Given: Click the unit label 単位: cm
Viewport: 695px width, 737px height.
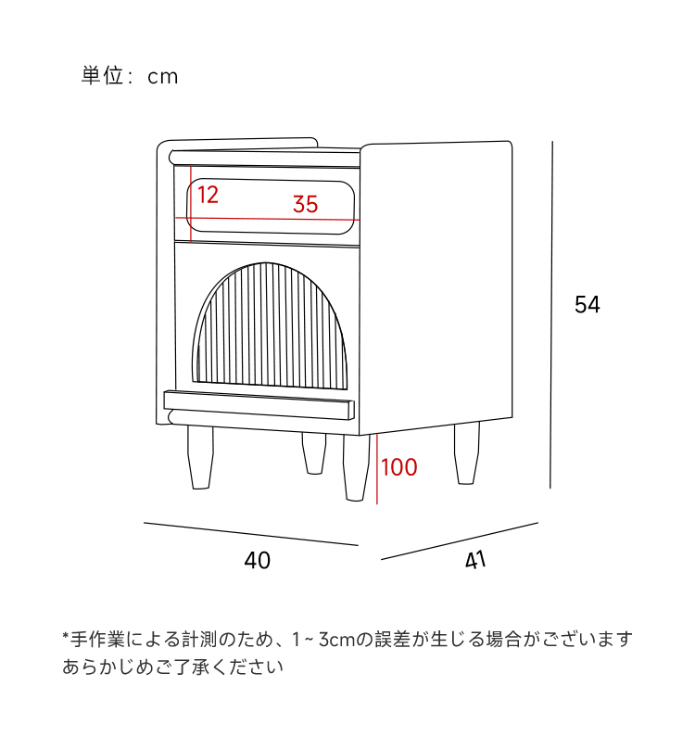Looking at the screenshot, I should [130, 76].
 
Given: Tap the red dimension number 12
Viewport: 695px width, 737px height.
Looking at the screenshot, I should [208, 195].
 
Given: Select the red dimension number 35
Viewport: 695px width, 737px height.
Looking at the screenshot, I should [305, 205].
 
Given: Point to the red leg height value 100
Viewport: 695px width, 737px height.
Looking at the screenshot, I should [399, 467].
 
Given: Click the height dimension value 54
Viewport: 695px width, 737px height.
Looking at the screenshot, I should [587, 305].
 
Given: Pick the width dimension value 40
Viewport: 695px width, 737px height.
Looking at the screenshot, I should [258, 561].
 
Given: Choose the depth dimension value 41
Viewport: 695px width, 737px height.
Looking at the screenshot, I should [474, 560].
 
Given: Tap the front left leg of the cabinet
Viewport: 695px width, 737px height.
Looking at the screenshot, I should [199, 457].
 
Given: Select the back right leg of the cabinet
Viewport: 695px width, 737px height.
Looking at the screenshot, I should [466, 452].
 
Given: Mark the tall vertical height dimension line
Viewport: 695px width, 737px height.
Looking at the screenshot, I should [552, 315].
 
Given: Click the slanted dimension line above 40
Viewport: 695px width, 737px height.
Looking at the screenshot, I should [250, 534].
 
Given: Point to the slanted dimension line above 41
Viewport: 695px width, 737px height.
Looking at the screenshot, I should [459, 541].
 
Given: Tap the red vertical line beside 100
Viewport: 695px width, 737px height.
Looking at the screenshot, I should [377, 468].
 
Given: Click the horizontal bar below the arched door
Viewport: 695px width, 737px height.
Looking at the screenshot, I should [259, 403].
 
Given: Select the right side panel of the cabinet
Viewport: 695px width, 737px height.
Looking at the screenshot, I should [436, 287].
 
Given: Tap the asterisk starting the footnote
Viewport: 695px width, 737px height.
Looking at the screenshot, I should [67, 638].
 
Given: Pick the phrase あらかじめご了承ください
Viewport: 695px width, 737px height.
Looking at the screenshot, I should [172, 667].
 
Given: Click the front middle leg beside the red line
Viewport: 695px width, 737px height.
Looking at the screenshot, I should [356, 466].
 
